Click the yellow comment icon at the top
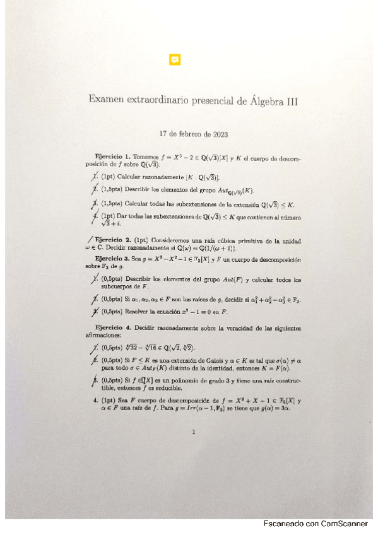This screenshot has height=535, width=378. tap(175, 60)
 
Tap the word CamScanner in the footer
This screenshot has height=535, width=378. tap(345, 524)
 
